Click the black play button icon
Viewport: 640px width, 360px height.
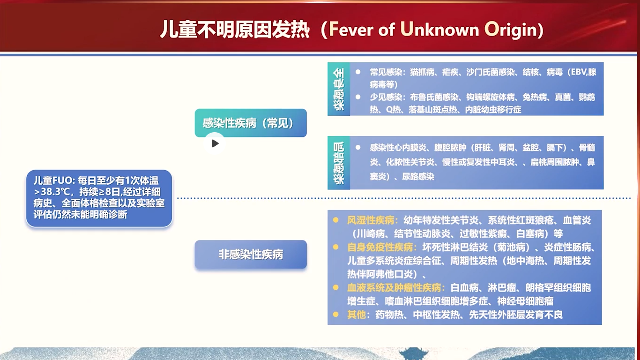coord(215,143)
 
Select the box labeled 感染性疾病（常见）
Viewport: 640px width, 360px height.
coord(251,123)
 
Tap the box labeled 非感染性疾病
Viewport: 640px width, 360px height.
coord(251,254)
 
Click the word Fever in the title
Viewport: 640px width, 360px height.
coord(351,29)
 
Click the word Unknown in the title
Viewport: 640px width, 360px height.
coord(440,29)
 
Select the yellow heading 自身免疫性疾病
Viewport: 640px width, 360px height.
coord(380,247)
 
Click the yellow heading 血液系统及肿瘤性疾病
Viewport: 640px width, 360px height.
coord(394,287)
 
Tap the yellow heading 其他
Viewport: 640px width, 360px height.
coord(356,315)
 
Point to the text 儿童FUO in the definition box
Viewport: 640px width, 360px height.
coord(52,180)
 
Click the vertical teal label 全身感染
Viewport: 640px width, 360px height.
coord(339,89)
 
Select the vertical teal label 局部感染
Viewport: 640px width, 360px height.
coord(339,163)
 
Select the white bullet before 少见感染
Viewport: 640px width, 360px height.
coord(357,97)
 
